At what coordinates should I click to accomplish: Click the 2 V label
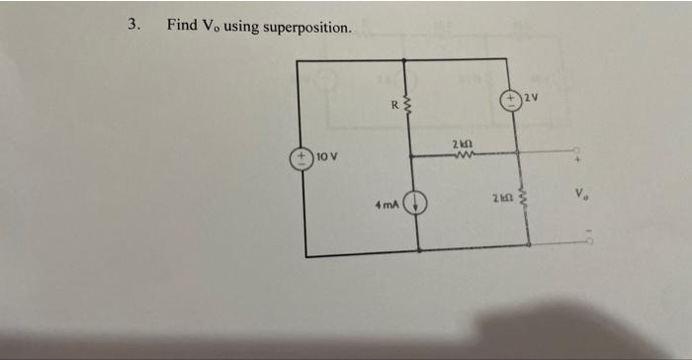pos(534,96)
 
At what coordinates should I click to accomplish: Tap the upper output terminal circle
pos(581,152)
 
